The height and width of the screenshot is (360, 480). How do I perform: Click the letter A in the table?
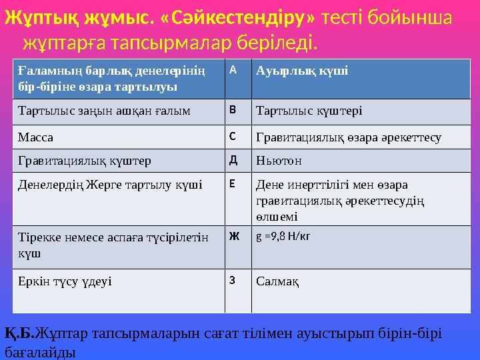tap(233, 70)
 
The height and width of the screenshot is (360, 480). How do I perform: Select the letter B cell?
tap(233, 110)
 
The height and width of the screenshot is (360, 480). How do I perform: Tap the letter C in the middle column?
tap(233, 137)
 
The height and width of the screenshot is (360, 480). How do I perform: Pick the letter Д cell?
tap(233, 160)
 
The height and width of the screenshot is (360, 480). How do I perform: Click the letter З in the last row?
tap(233, 280)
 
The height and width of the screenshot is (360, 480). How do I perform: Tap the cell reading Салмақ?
tap(277, 281)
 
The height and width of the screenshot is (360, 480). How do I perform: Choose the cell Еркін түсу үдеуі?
tap(65, 281)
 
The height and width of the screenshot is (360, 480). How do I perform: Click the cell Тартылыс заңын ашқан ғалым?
tap(103, 111)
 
